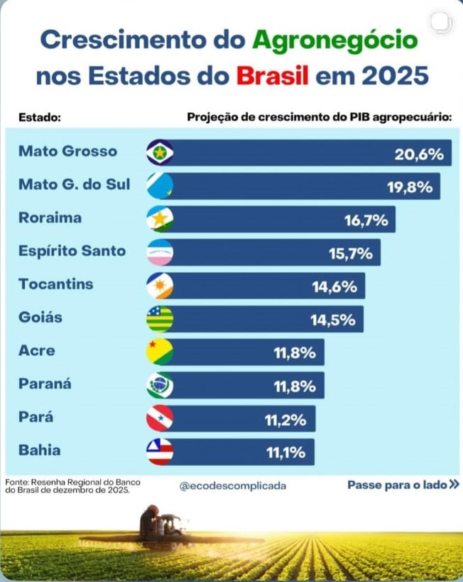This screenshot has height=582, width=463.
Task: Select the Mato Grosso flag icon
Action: [160, 152]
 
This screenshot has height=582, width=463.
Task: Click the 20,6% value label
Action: [419, 154]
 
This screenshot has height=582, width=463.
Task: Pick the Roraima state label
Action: [50, 217]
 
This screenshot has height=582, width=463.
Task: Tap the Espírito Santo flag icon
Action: [160, 252]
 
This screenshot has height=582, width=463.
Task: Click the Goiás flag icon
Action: [160, 319]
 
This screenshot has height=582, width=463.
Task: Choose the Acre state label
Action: [36, 350]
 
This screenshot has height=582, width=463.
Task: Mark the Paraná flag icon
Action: [160, 385]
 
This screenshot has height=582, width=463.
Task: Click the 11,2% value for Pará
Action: [285, 420]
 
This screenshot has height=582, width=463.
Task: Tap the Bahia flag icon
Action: [160, 452]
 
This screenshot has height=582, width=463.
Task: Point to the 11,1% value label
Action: [285, 453]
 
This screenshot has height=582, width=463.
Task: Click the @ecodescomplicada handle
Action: [233, 486]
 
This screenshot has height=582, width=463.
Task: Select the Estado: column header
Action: [40, 117]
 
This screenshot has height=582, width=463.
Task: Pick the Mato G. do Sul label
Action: [75, 185]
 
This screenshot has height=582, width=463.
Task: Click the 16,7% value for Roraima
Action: [366, 220]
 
